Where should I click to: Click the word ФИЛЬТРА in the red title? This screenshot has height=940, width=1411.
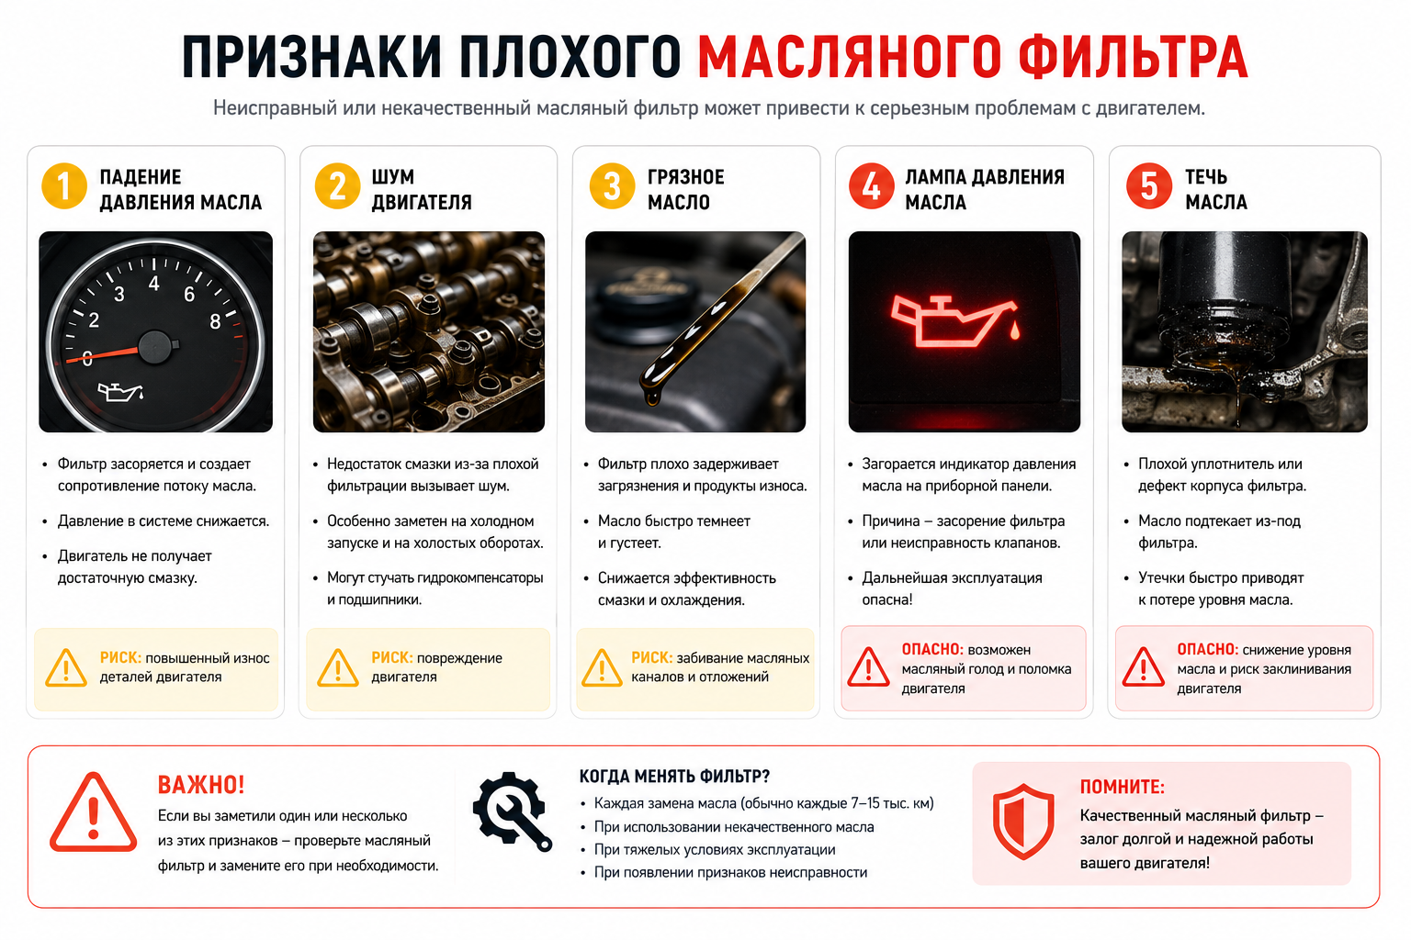tap(1133, 57)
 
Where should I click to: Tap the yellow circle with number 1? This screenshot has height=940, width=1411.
tap(63, 186)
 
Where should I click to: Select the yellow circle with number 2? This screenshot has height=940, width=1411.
tap(337, 186)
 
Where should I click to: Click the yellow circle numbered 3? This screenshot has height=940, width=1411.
tap(612, 186)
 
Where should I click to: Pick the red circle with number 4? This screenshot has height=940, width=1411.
tap(871, 186)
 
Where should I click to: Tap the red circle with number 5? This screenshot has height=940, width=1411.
tap(1149, 186)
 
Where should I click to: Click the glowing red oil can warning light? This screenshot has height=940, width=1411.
tap(956, 321)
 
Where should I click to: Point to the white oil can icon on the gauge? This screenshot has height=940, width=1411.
tap(120, 392)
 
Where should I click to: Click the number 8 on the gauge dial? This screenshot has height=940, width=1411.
tap(216, 321)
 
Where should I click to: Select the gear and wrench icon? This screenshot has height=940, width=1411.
tap(512, 811)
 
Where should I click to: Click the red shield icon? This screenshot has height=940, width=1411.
tap(1023, 821)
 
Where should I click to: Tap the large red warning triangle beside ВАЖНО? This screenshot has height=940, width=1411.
tap(93, 812)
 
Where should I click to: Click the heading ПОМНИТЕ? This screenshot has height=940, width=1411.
tap(1122, 787)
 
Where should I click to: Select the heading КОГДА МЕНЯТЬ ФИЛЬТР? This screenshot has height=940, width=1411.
tap(674, 777)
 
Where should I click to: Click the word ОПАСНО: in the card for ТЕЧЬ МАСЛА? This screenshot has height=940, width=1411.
tap(1207, 649)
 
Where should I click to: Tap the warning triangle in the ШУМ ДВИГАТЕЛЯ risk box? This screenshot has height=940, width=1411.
tap(338, 667)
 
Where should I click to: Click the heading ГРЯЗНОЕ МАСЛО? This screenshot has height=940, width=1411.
tap(685, 189)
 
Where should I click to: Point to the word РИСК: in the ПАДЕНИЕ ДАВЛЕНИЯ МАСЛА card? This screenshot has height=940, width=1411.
tap(120, 657)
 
